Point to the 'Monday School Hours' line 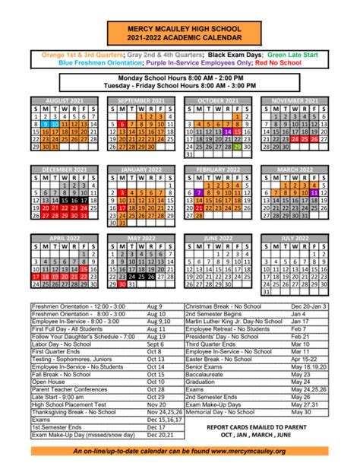180,78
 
